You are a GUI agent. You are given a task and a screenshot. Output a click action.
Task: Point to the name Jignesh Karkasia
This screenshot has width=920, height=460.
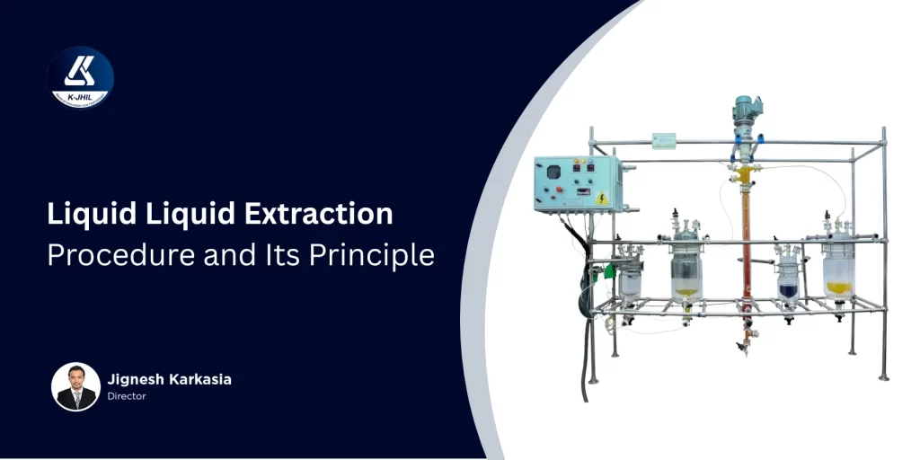point(170,379)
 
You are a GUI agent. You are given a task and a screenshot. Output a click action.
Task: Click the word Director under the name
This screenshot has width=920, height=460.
point(127,396)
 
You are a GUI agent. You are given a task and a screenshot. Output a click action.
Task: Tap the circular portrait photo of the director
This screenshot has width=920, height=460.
point(76,386)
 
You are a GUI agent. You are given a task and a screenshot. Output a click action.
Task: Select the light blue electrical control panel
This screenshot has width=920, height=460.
point(576,184)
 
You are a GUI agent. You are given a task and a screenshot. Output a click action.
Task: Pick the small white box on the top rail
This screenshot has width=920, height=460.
point(664,141)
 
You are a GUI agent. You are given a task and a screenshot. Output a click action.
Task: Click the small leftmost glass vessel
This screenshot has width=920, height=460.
point(632,279)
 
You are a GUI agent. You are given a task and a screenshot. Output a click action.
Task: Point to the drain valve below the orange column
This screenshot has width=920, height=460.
point(744,346)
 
